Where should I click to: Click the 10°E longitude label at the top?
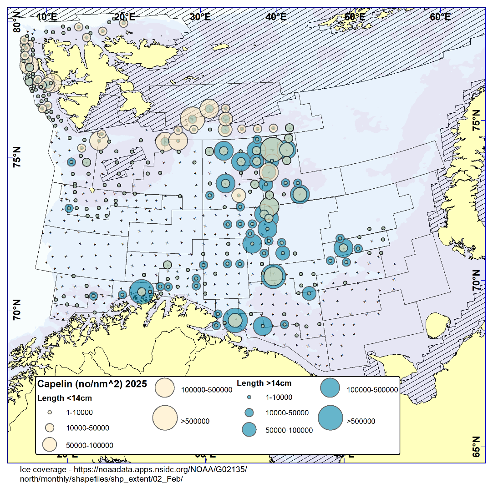[46, 17]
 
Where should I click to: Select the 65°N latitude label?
[476, 447]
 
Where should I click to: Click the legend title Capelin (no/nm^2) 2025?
[92, 384]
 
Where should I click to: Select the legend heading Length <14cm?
[64, 398]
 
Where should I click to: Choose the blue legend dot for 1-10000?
[249, 397]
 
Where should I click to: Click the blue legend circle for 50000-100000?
[249, 429]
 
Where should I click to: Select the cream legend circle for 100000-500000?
[165, 387]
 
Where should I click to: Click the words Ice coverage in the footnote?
[40, 469]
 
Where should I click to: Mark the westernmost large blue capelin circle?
[142, 292]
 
